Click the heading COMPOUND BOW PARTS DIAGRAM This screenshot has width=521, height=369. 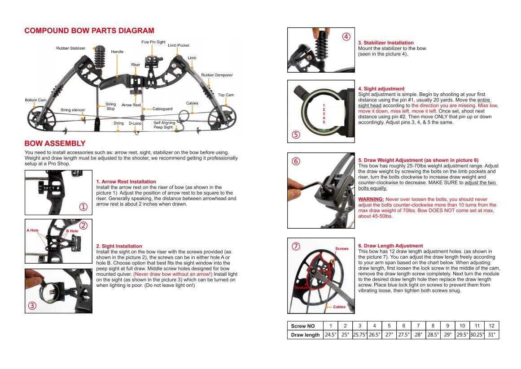[x=89, y=31]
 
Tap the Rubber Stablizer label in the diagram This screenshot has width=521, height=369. [x=70, y=48]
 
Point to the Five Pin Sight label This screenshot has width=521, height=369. [x=153, y=42]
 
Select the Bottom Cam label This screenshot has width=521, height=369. [x=35, y=100]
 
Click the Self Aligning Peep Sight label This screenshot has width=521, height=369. [x=164, y=125]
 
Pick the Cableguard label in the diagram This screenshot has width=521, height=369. [x=162, y=109]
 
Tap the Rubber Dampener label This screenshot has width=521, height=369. [x=217, y=75]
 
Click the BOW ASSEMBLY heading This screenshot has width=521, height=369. [x=55, y=143]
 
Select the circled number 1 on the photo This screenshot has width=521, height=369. [x=83, y=207]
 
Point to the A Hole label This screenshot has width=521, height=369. [x=32, y=230]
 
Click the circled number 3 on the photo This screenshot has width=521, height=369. [x=32, y=306]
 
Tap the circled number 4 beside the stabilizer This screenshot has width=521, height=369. [x=346, y=37]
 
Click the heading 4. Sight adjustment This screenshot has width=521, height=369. [x=381, y=89]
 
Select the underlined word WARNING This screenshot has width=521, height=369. [x=371, y=199]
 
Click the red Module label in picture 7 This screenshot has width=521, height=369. [x=301, y=287]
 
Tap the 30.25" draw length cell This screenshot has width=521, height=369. [x=477, y=334]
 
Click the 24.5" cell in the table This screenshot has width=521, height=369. [x=330, y=334]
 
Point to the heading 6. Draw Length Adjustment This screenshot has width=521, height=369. [x=390, y=246]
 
